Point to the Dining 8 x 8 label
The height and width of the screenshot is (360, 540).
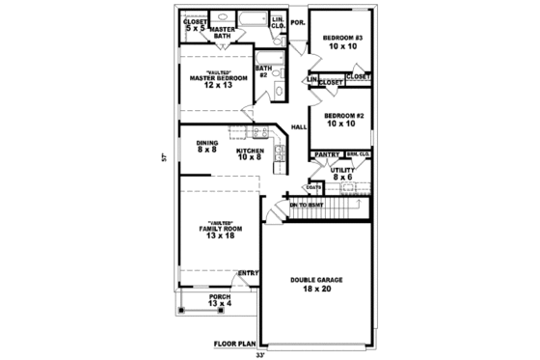coord(207,146)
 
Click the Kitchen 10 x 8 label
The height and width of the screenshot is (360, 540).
coord(250,154)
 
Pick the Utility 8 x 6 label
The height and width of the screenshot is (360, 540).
coord(342,174)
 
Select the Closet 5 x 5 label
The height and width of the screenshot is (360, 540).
coord(195,24)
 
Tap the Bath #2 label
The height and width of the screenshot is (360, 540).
coord(262,71)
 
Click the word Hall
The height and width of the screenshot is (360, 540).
coord(299,127)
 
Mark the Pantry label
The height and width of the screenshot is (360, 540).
coord(326,154)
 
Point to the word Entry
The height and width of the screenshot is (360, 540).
coord(248,272)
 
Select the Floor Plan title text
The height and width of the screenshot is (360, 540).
coord(234,343)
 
